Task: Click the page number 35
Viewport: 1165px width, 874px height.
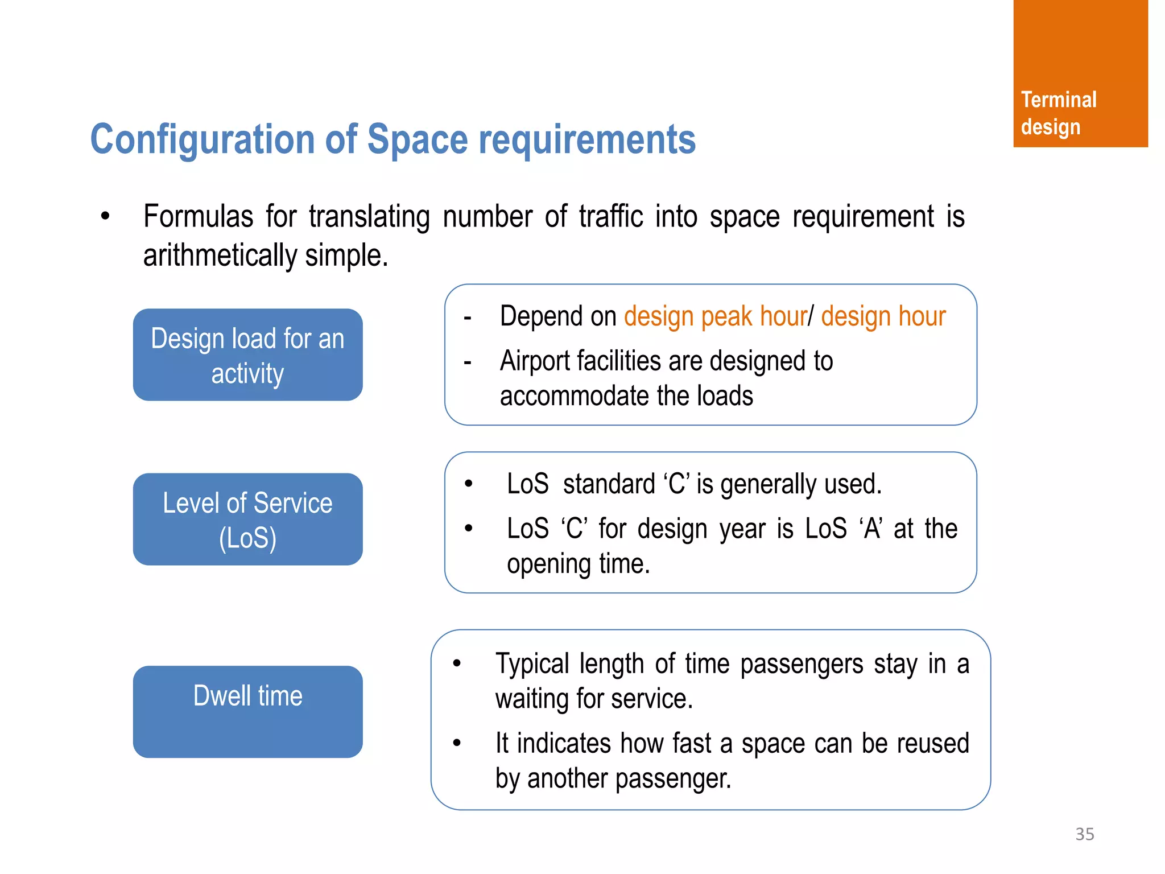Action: [1084, 834]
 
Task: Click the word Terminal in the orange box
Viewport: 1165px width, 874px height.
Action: [1058, 100]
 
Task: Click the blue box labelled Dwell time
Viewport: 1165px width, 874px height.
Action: [247, 711]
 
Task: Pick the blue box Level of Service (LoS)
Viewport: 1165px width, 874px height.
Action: [247, 519]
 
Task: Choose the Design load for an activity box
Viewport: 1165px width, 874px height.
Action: [247, 354]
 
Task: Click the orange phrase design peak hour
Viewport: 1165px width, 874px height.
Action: [715, 316]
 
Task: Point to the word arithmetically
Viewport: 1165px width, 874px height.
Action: [220, 255]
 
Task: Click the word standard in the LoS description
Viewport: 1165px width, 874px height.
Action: [609, 484]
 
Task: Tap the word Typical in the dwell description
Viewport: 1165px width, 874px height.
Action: [532, 664]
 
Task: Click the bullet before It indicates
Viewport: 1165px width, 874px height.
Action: [456, 743]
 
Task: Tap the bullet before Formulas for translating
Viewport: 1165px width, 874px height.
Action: [105, 216]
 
